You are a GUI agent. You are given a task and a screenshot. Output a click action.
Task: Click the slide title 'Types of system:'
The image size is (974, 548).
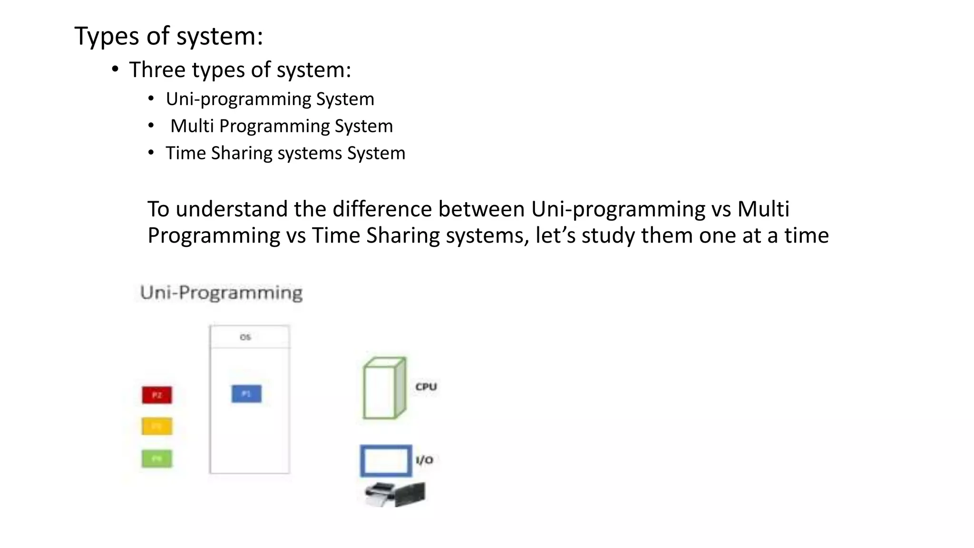click(168, 36)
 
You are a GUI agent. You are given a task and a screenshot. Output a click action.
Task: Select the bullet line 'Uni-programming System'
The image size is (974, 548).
click(270, 99)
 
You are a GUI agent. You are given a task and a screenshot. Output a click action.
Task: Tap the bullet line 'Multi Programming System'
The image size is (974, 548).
click(282, 126)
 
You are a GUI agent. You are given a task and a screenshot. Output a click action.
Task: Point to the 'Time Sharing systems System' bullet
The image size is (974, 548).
click(285, 153)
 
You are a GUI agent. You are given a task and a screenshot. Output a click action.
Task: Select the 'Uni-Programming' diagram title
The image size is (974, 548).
click(221, 293)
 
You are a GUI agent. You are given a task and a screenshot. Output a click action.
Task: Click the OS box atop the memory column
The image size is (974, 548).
click(250, 337)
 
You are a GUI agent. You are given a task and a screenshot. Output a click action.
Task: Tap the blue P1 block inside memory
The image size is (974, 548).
click(246, 393)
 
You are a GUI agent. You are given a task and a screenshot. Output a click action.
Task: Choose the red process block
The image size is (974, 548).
click(157, 395)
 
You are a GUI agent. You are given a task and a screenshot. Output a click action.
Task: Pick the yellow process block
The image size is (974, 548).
click(157, 426)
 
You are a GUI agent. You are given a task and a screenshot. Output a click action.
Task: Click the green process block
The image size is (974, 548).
click(157, 459)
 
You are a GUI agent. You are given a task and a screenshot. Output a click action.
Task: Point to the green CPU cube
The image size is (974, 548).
click(384, 388)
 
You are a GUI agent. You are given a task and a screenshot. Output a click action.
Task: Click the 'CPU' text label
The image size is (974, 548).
click(426, 387)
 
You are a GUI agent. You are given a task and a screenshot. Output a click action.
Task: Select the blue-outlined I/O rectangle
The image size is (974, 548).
click(386, 460)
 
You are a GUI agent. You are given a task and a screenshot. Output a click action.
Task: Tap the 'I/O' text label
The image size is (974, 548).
click(424, 460)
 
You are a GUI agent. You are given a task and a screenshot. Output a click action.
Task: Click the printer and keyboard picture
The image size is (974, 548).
click(395, 494)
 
